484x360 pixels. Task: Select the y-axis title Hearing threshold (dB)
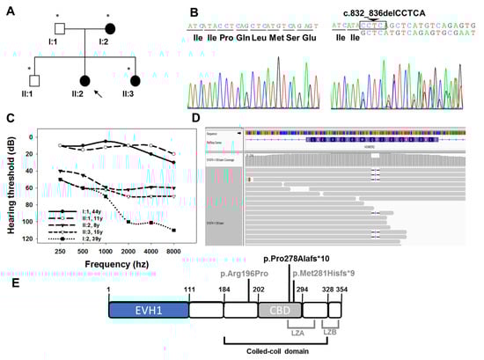point(11,186)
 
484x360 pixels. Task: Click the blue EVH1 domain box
point(144,311)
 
